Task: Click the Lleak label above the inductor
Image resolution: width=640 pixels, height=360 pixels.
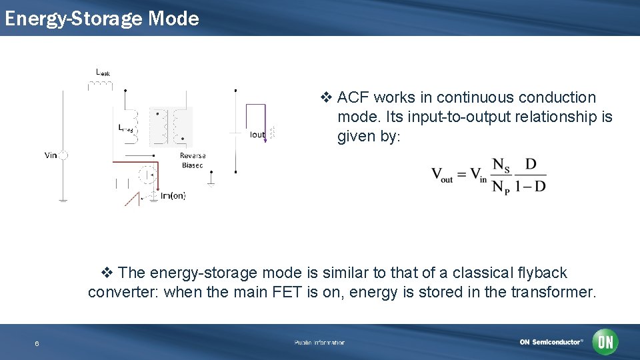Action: click(103, 72)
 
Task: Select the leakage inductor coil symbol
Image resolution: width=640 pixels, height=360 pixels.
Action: click(100, 85)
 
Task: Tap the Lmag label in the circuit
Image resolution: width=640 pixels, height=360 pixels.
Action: click(125, 127)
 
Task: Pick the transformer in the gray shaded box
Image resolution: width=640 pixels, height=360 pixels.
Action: click(171, 127)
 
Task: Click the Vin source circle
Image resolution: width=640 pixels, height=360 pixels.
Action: click(63, 155)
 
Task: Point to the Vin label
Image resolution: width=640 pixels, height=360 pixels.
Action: click(51, 155)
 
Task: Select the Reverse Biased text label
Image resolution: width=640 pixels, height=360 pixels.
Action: click(193, 160)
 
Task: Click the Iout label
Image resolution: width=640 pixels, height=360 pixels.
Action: click(257, 135)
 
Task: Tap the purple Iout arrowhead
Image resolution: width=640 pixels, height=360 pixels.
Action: click(265, 139)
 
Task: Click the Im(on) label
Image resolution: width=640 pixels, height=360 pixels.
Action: click(173, 195)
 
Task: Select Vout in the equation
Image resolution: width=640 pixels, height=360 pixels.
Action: click(442, 175)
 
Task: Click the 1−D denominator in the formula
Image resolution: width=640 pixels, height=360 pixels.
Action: click(531, 186)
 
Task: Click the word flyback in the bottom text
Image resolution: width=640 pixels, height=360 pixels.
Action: click(541, 273)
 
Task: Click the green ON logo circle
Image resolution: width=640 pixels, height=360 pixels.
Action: click(605, 342)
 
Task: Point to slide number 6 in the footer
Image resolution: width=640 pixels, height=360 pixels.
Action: click(37, 343)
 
